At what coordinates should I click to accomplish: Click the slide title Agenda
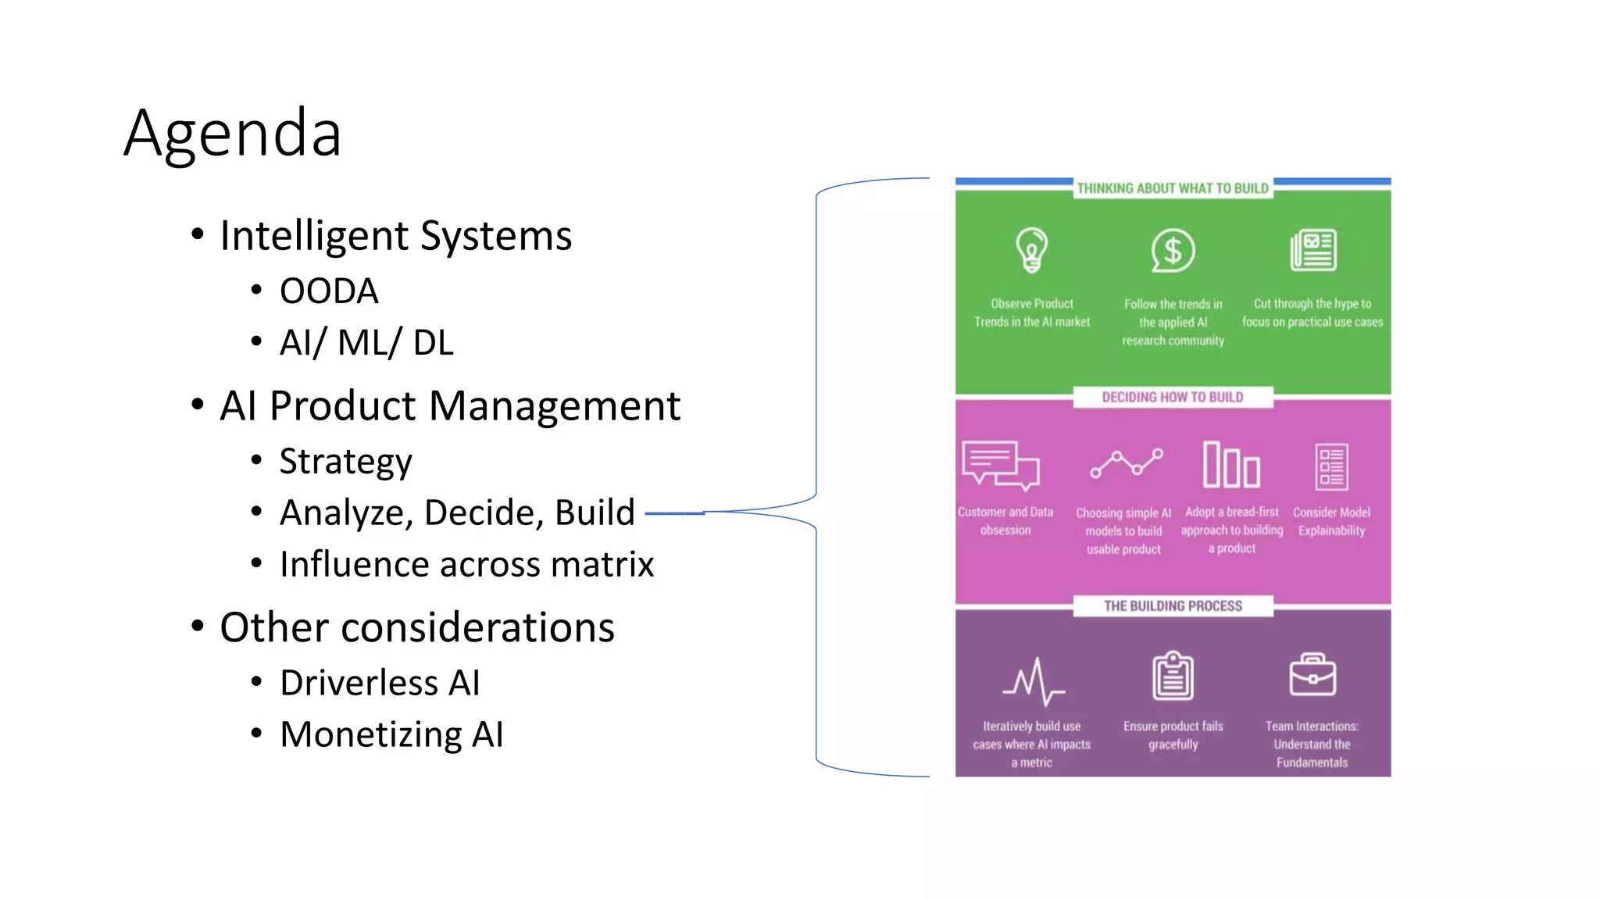pos(232,134)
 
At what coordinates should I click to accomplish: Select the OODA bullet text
pos(329,291)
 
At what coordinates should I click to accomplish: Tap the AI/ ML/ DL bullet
pos(366,343)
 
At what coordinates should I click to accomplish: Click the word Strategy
pos(345,461)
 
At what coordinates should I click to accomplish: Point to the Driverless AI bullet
pos(380,683)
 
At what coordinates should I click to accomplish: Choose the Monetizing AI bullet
pos(391,734)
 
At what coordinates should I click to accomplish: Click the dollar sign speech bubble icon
pos(1173,251)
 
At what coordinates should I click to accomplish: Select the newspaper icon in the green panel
pos(1312,250)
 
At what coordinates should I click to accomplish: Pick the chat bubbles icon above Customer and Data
pos(1001,466)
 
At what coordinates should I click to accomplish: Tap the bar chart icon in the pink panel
pos(1231,465)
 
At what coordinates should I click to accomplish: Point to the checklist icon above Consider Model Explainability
pos(1331,467)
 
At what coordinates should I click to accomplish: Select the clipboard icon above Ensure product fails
pos(1173,676)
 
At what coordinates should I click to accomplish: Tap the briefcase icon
pos(1312,675)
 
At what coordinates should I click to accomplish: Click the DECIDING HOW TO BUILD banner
pos(1173,397)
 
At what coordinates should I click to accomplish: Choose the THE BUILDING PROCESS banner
pos(1173,606)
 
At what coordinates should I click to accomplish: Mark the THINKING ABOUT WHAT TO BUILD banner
pos(1173,188)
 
